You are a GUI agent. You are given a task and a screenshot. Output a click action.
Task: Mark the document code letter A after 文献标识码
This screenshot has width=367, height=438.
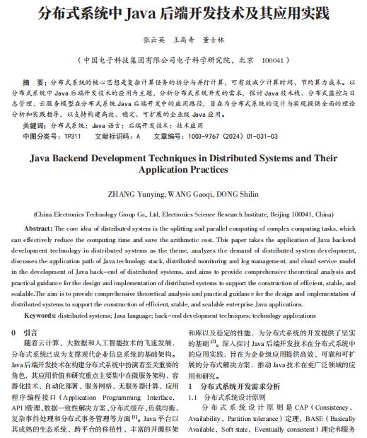coord(138,136)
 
